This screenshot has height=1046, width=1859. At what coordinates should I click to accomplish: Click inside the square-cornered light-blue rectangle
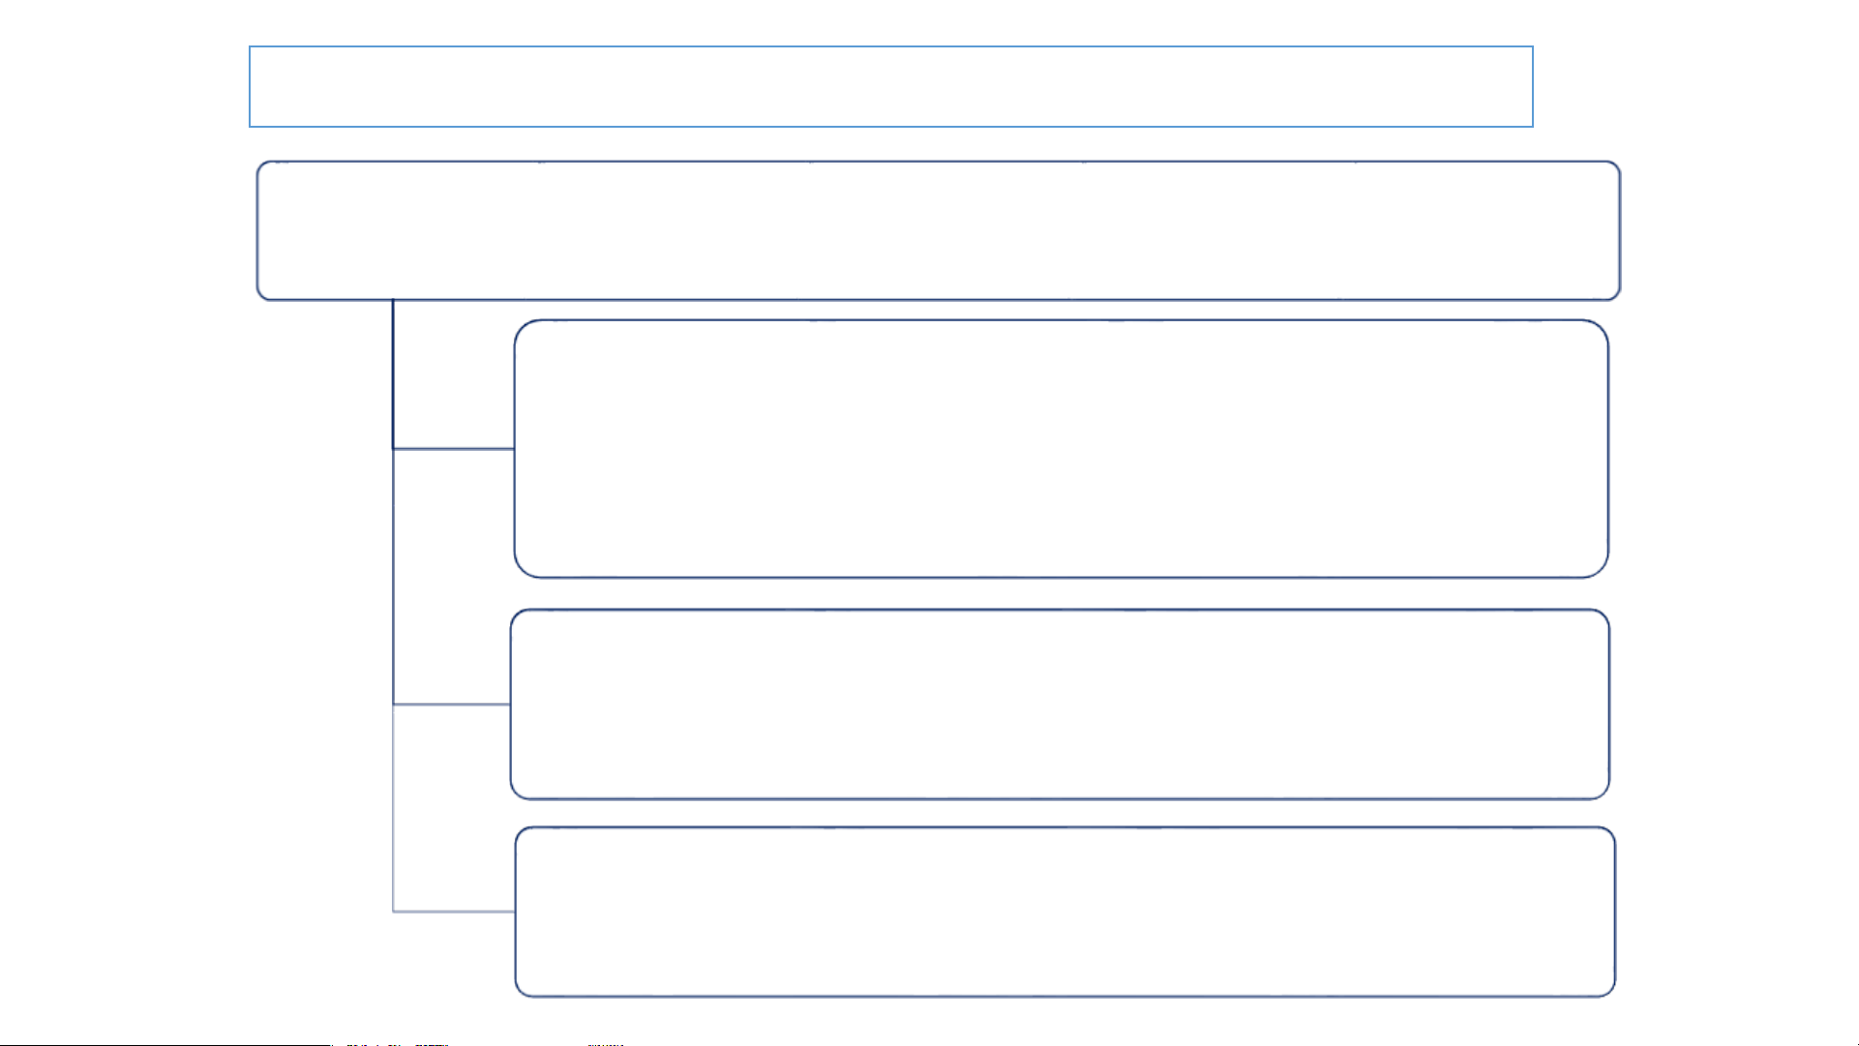890,86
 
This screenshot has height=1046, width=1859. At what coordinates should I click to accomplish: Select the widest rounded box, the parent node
938,230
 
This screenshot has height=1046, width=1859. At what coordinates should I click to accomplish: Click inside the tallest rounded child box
1061,449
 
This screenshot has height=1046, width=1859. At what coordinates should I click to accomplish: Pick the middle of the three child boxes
1060,704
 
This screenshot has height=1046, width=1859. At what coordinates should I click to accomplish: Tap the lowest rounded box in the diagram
1064,912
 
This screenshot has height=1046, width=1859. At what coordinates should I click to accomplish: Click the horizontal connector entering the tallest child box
453,449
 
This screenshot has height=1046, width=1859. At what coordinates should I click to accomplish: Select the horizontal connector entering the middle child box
451,704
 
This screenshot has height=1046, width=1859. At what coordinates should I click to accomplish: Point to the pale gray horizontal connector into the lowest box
453,912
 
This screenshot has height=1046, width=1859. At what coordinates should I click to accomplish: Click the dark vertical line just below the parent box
393,374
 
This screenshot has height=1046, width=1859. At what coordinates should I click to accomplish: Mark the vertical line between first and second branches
393,577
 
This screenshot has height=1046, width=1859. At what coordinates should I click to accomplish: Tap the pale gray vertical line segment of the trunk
393,808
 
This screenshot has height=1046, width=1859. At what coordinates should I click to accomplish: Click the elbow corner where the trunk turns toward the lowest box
393,912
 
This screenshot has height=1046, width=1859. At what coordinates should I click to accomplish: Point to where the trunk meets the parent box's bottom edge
393,300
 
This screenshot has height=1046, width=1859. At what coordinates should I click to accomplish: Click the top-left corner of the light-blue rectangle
250,46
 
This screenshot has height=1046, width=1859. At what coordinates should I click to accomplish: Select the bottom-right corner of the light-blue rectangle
1533,127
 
